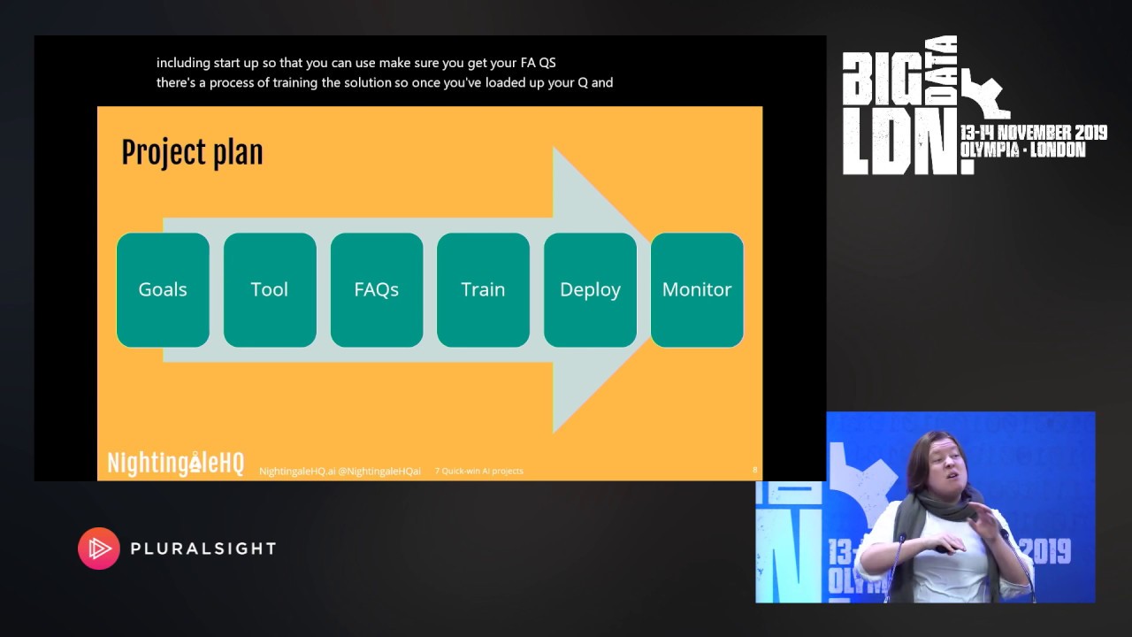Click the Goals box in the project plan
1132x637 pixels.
163,289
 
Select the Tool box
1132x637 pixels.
270,289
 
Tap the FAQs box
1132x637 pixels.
377,289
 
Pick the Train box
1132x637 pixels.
483,289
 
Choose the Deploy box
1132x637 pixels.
590,289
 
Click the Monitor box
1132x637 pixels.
697,289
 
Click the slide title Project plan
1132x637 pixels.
192,152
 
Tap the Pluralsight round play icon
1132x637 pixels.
99,549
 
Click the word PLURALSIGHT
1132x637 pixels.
203,549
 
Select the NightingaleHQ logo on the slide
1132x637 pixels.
175,464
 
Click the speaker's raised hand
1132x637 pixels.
984,522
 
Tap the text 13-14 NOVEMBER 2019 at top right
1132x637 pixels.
1033,133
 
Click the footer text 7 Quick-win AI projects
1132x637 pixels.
478,471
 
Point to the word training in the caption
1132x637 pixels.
313,83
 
